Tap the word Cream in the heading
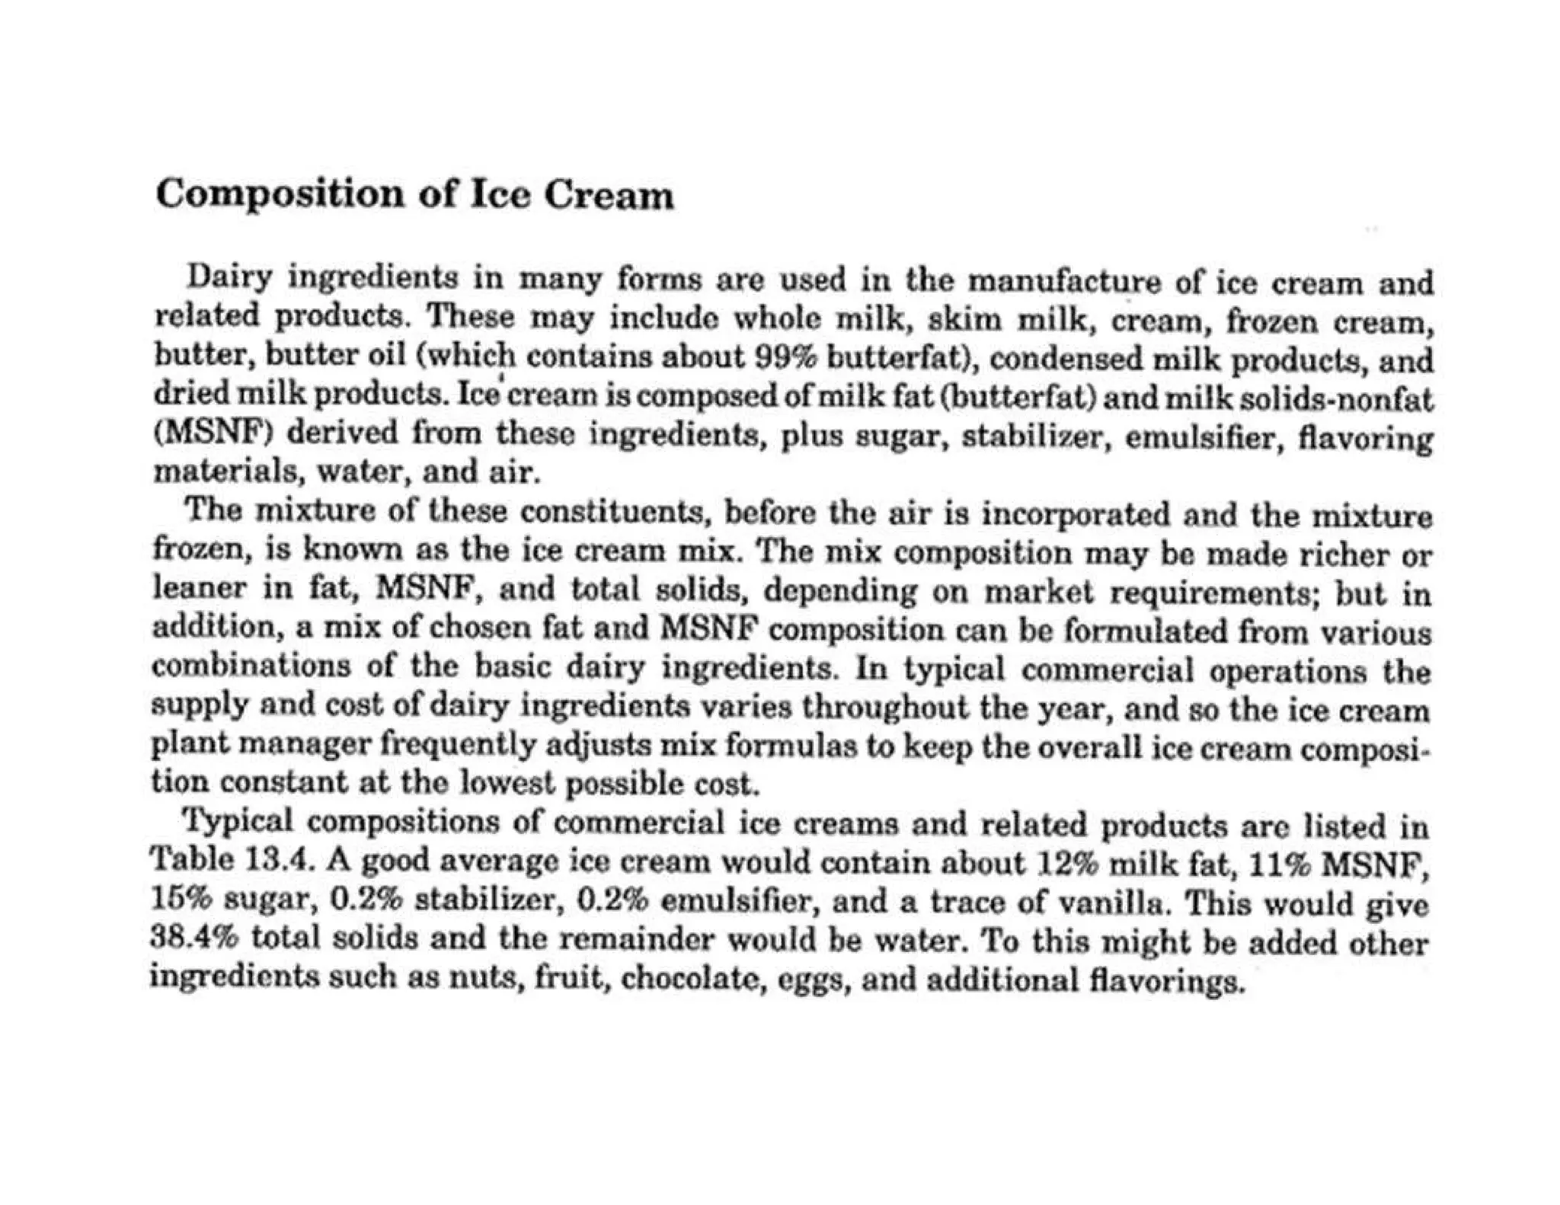(x=609, y=196)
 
